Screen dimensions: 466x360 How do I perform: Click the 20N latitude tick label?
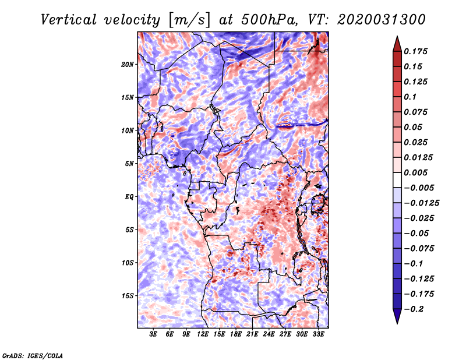click(128, 65)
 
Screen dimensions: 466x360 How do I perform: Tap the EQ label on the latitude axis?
click(129, 197)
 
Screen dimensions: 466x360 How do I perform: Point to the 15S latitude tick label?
click(128, 296)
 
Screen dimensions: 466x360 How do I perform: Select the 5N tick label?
click(129, 164)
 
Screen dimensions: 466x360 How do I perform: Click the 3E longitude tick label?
click(153, 334)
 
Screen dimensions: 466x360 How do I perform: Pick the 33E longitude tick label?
click(318, 334)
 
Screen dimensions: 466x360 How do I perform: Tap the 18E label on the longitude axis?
click(236, 334)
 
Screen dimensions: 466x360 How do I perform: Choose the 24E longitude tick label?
click(269, 334)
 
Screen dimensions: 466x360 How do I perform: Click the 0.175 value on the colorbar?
click(415, 51)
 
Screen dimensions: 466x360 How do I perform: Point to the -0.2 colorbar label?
click(414, 309)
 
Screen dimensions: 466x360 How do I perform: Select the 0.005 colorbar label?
click(415, 172)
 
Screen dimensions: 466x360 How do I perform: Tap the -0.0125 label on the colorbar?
click(421, 203)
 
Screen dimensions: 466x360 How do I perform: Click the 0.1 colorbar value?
click(410, 97)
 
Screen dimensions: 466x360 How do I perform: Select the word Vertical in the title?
click(69, 20)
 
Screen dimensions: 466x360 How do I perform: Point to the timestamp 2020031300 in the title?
click(382, 20)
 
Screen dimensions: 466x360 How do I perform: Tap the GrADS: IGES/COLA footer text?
click(33, 356)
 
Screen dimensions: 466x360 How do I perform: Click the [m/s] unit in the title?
click(189, 20)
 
